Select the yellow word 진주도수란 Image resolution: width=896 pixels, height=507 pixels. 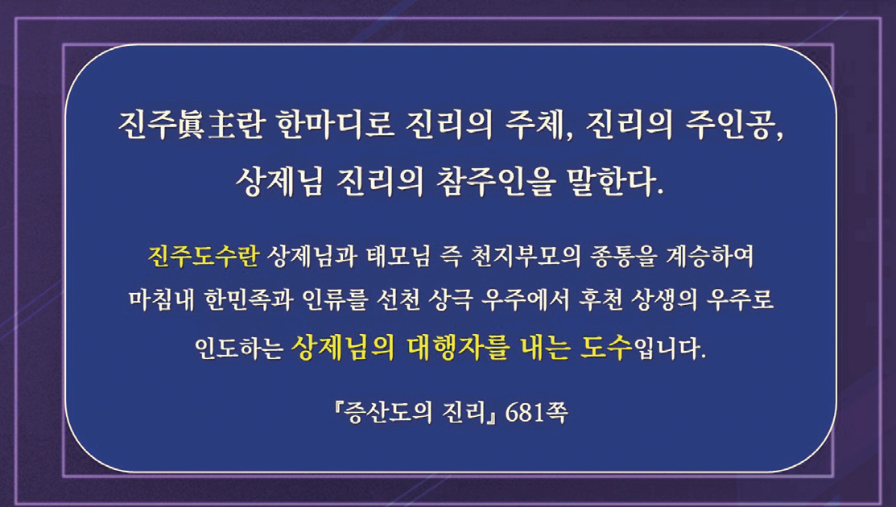[x=204, y=257]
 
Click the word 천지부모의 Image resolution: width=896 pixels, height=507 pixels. [x=526, y=257]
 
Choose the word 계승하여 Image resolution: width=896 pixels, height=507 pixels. [x=710, y=257]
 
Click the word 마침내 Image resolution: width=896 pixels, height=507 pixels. [x=161, y=299]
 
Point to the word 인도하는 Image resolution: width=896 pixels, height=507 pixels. [x=238, y=348]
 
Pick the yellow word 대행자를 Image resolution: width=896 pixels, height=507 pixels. [x=458, y=347]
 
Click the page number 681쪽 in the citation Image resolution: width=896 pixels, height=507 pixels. [x=537, y=413]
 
